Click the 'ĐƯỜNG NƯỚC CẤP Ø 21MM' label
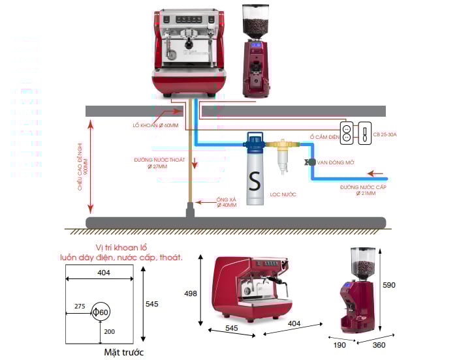pos(362,190)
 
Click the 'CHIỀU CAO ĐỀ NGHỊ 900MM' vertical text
pos(82,162)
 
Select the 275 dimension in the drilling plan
pos(80,305)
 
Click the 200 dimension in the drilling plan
pos(108,331)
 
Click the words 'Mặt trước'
pos(123,352)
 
